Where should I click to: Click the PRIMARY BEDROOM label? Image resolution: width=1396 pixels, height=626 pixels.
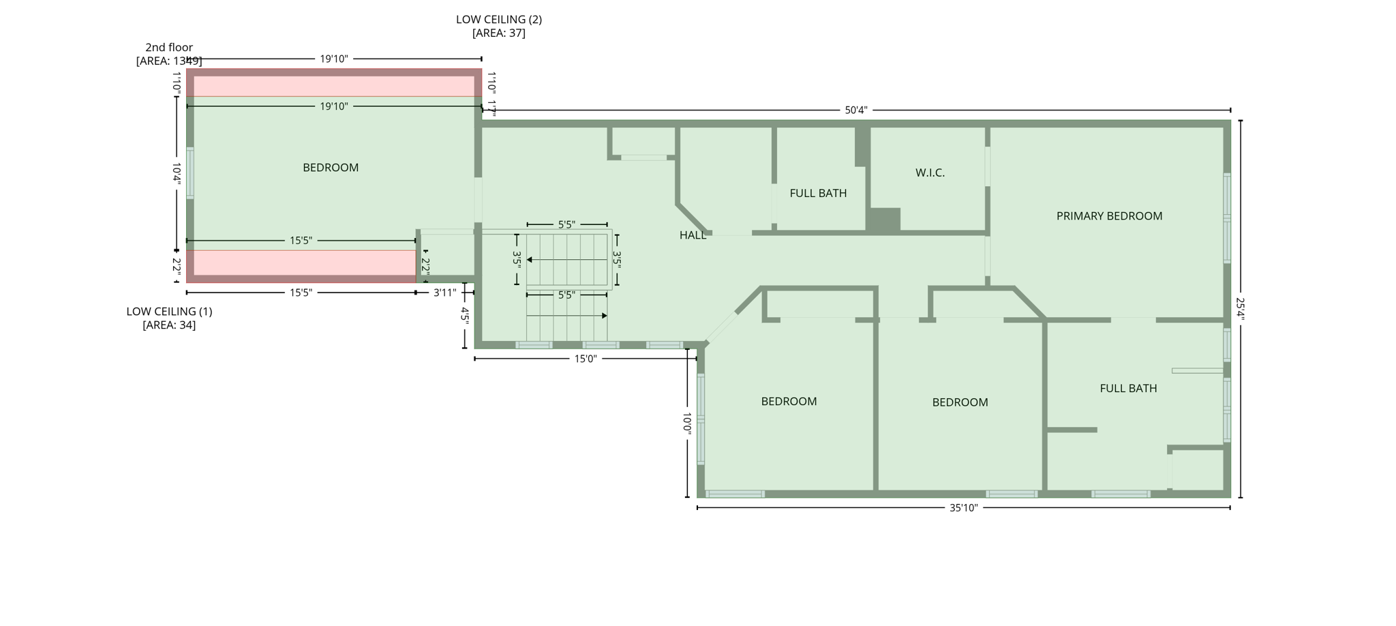(1109, 216)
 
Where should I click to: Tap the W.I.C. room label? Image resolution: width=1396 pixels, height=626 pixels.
(930, 173)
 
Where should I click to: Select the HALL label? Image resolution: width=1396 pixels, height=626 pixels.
(693, 235)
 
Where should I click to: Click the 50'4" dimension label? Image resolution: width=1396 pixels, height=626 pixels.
(856, 110)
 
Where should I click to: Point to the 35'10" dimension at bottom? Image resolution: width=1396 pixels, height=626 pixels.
(963, 507)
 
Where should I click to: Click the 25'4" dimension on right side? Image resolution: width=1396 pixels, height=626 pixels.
(1240, 309)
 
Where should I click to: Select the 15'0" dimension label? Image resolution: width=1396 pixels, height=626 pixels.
(585, 359)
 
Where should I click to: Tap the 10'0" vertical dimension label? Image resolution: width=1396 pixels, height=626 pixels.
(687, 423)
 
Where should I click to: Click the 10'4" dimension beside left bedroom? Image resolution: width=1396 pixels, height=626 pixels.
(177, 173)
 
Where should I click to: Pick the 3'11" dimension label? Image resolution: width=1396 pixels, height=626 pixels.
(445, 293)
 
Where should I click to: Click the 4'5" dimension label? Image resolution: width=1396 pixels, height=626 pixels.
(465, 315)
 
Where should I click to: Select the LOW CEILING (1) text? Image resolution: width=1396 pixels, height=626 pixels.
(169, 312)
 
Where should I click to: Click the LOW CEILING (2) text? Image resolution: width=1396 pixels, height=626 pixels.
(499, 20)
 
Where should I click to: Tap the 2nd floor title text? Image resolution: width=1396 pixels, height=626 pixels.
(169, 48)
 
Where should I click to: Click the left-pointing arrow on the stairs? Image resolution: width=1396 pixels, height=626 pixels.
(530, 260)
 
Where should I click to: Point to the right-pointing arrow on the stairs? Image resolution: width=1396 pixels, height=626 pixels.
(604, 316)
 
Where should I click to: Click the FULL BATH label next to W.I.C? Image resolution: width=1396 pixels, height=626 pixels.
(818, 194)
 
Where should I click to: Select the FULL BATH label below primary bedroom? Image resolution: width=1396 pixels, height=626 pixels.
(1128, 389)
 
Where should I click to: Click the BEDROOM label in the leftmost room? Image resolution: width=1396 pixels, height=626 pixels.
(331, 168)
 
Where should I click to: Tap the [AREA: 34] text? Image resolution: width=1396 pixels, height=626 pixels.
(169, 325)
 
